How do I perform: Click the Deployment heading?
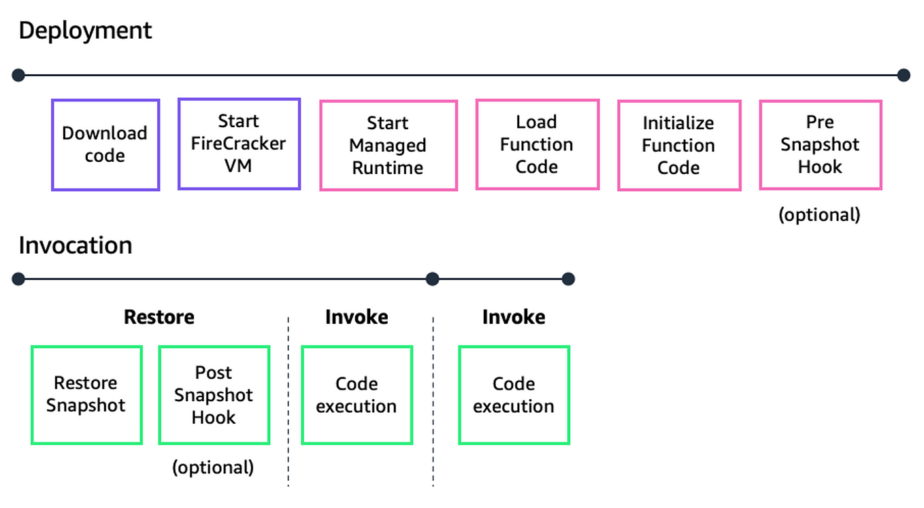pyautogui.click(x=85, y=31)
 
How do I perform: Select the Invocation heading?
pyautogui.click(x=76, y=245)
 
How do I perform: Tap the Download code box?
pyautogui.click(x=105, y=145)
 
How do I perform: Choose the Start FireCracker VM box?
pyautogui.click(x=239, y=143)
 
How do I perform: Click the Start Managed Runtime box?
pyautogui.click(x=388, y=146)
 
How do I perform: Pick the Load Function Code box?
pyautogui.click(x=537, y=144)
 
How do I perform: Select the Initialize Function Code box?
pyautogui.click(x=678, y=146)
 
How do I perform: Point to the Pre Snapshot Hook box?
pyautogui.click(x=820, y=145)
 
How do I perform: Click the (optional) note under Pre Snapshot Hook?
pyautogui.click(x=819, y=215)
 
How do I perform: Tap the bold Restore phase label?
pyautogui.click(x=159, y=317)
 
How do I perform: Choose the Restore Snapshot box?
pyautogui.click(x=86, y=394)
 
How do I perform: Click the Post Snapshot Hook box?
pyautogui.click(x=214, y=394)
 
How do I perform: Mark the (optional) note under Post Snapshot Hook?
pyautogui.click(x=213, y=467)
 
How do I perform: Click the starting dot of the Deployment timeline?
pyautogui.click(x=18, y=75)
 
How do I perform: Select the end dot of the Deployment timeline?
pyautogui.click(x=904, y=75)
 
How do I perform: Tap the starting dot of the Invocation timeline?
pyautogui.click(x=18, y=279)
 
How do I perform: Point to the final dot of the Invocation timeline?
pyautogui.click(x=568, y=279)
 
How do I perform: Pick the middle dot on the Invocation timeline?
pyautogui.click(x=432, y=279)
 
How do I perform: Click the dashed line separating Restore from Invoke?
pyautogui.click(x=288, y=401)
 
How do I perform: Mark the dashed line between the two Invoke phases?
pyautogui.click(x=433, y=401)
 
